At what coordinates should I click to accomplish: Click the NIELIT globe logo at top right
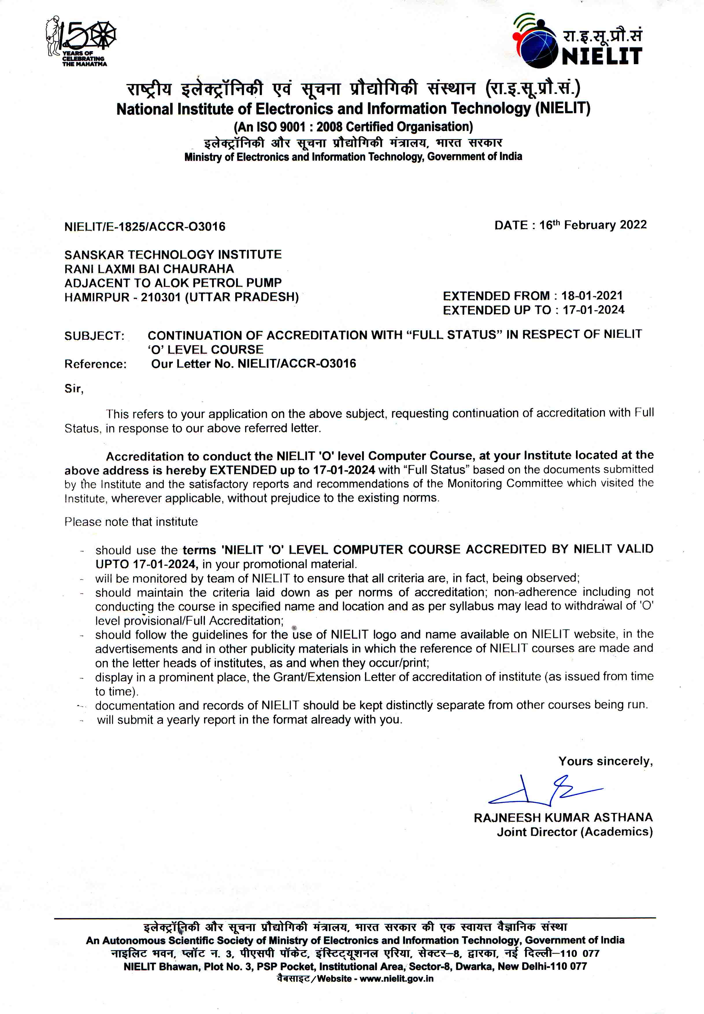535,42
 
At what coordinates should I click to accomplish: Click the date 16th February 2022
593,225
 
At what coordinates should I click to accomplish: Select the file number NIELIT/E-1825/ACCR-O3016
145,226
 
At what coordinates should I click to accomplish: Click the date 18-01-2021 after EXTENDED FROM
592,295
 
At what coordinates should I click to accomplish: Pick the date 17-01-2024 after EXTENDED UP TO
593,310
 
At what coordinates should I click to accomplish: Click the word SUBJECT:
95,336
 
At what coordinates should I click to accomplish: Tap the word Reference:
95,364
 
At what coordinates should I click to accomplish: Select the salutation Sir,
74,388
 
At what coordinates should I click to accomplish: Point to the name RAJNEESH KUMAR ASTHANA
563,818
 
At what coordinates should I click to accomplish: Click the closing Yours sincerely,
605,762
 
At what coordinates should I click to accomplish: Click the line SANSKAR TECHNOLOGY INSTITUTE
173,255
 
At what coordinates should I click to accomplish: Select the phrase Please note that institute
131,522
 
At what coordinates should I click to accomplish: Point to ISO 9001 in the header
281,127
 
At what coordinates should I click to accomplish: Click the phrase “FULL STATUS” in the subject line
454,335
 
